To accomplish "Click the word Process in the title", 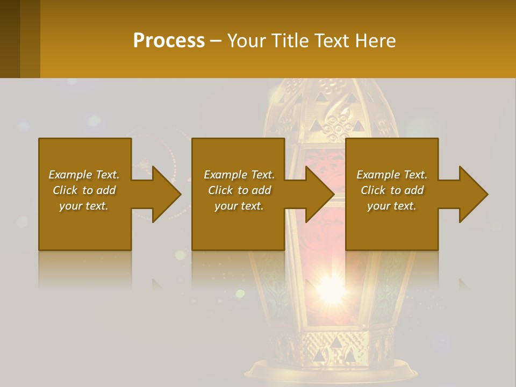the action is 169,41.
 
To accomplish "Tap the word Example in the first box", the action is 70,175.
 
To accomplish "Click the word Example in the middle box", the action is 225,175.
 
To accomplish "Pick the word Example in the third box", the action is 378,175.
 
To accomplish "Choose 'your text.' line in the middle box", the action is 239,206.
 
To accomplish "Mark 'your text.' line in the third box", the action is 392,206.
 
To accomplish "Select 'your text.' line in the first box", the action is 84,206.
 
